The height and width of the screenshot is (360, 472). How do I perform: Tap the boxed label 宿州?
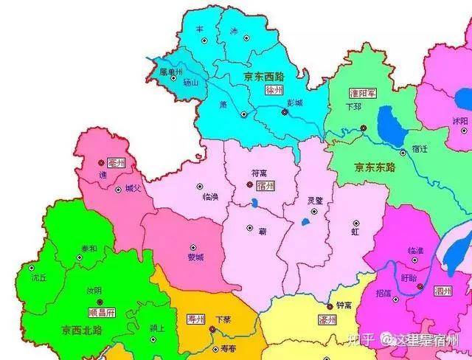(x=266, y=186)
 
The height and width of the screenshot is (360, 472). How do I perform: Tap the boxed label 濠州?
(x=327, y=320)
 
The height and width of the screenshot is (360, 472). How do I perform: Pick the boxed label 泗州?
(x=442, y=291)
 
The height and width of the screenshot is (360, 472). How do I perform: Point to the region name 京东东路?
(x=375, y=167)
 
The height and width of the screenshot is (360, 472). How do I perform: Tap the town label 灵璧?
(x=315, y=201)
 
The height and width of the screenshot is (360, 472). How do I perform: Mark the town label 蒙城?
(x=195, y=257)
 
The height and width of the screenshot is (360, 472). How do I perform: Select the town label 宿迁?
(x=420, y=148)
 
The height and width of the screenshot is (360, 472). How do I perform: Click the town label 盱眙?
(x=408, y=277)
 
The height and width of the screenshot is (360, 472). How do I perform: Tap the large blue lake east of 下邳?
(x=389, y=122)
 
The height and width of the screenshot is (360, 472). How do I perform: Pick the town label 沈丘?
(x=38, y=279)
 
